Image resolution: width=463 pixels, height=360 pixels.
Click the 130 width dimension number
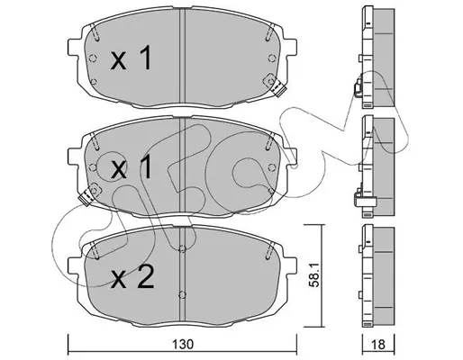(x=183, y=344)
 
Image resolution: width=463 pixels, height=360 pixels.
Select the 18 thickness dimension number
(x=378, y=345)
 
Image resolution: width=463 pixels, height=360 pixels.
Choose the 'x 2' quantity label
(x=132, y=277)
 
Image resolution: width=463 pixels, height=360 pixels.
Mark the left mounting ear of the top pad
(x=74, y=47)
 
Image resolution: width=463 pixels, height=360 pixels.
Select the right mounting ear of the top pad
(x=290, y=47)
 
